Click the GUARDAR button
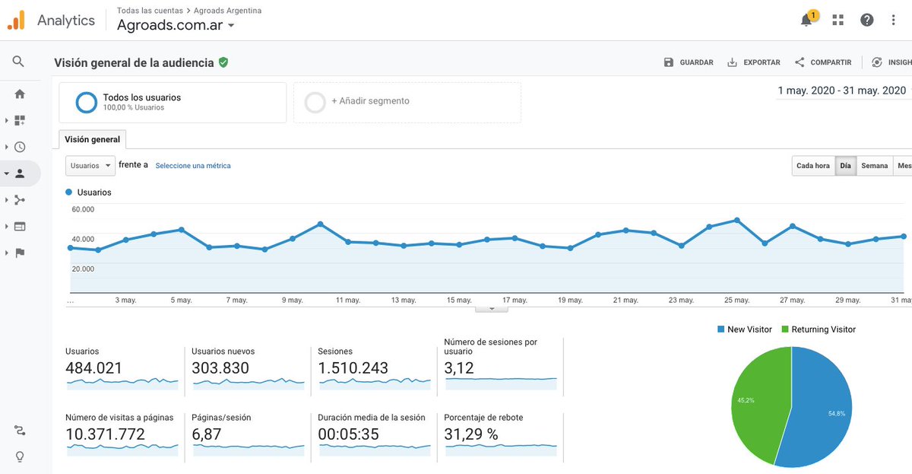[x=689, y=62]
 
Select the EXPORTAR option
[x=754, y=62]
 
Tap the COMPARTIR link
[x=823, y=62]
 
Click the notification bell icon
[x=806, y=21]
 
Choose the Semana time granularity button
[x=874, y=166]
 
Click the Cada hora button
[x=812, y=166]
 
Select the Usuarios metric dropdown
[x=90, y=166]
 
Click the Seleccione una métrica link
[x=193, y=166]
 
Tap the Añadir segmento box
[x=407, y=102]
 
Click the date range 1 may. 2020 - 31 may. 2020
[x=841, y=91]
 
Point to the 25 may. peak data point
[x=736, y=220]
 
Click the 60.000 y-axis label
[x=83, y=209]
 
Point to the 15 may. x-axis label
[x=459, y=301]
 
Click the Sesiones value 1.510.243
[x=354, y=369]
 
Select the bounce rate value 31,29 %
[x=471, y=435]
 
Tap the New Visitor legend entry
[x=744, y=329]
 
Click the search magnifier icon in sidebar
[x=19, y=62]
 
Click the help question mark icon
[x=867, y=21]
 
